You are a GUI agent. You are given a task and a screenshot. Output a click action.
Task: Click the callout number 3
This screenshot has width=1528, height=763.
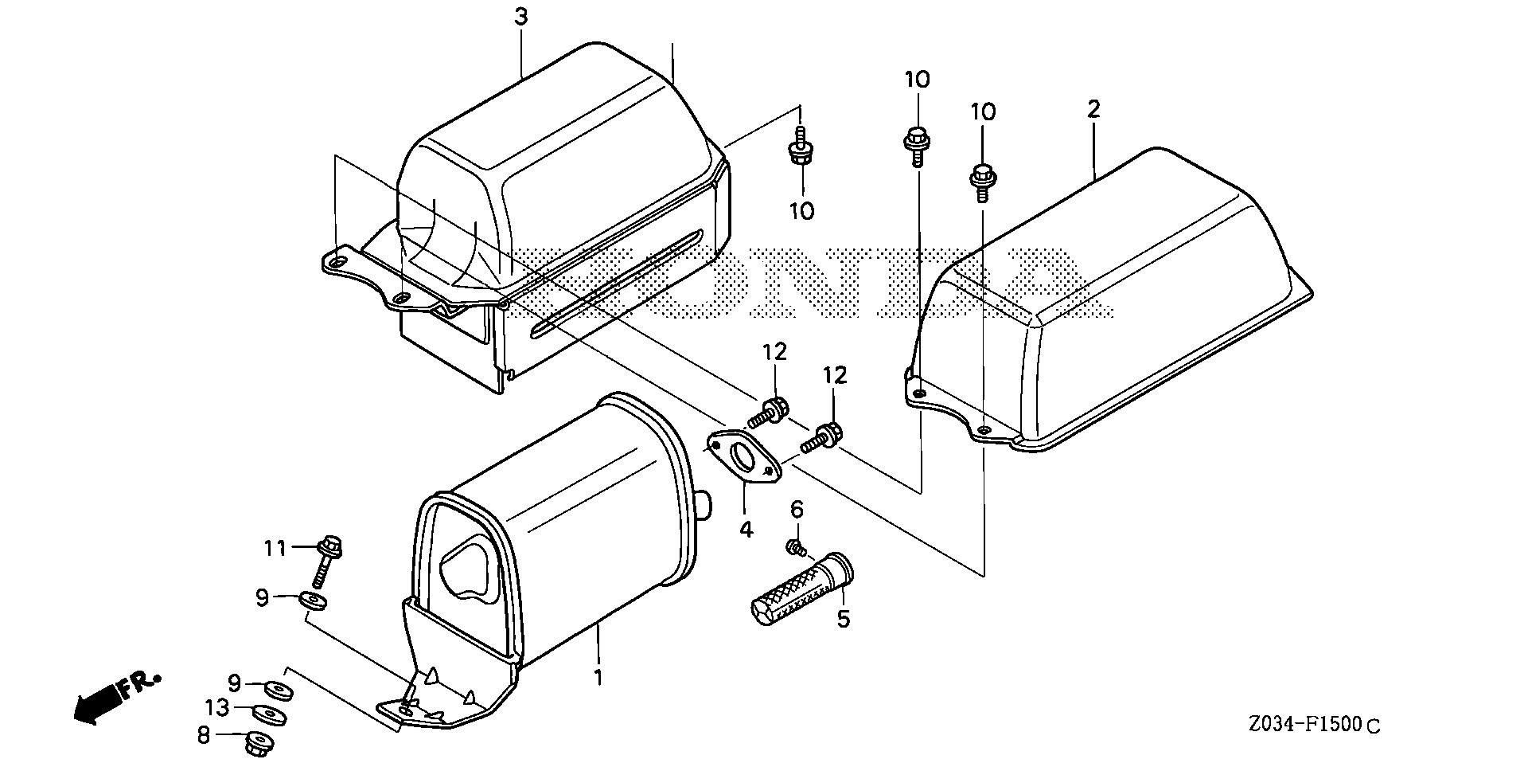coord(521,17)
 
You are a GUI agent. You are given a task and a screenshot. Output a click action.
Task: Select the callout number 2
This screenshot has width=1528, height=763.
coord(1093,108)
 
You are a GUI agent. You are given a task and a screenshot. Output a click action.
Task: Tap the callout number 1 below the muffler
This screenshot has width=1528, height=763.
coord(598,678)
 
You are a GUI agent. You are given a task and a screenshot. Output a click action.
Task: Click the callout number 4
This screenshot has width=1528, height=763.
coord(746,528)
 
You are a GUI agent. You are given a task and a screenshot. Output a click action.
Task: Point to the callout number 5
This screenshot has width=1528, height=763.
coord(843,618)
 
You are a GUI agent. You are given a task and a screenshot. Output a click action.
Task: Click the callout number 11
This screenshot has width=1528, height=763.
coord(275,548)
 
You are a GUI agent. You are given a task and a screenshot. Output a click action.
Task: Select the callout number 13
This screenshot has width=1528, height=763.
coord(216,707)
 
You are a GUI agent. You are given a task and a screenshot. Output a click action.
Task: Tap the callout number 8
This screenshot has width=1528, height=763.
coord(204,735)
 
